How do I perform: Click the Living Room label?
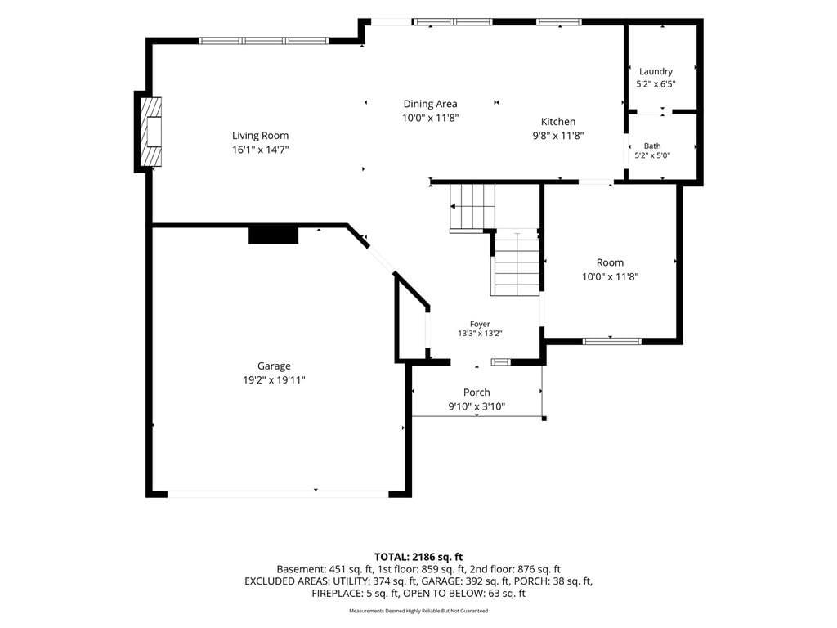tap(260, 136)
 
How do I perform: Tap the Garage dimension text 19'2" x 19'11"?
tap(274, 380)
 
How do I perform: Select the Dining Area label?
tap(430, 104)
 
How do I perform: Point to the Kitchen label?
tap(558, 122)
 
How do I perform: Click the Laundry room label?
tap(656, 72)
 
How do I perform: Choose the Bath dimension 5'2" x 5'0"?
tap(652, 156)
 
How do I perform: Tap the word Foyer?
tap(480, 324)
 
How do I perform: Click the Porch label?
tap(477, 392)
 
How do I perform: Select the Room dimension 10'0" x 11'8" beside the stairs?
tap(610, 276)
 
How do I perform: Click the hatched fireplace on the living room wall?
tap(151, 132)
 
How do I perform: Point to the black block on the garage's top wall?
tap(273, 235)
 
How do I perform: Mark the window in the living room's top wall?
tap(264, 41)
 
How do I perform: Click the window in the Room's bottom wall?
tap(611, 341)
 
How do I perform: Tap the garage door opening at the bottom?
tap(278, 495)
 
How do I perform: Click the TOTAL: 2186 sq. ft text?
tap(418, 558)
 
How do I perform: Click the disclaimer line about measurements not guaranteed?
tap(418, 611)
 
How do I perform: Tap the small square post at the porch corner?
tap(544, 419)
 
